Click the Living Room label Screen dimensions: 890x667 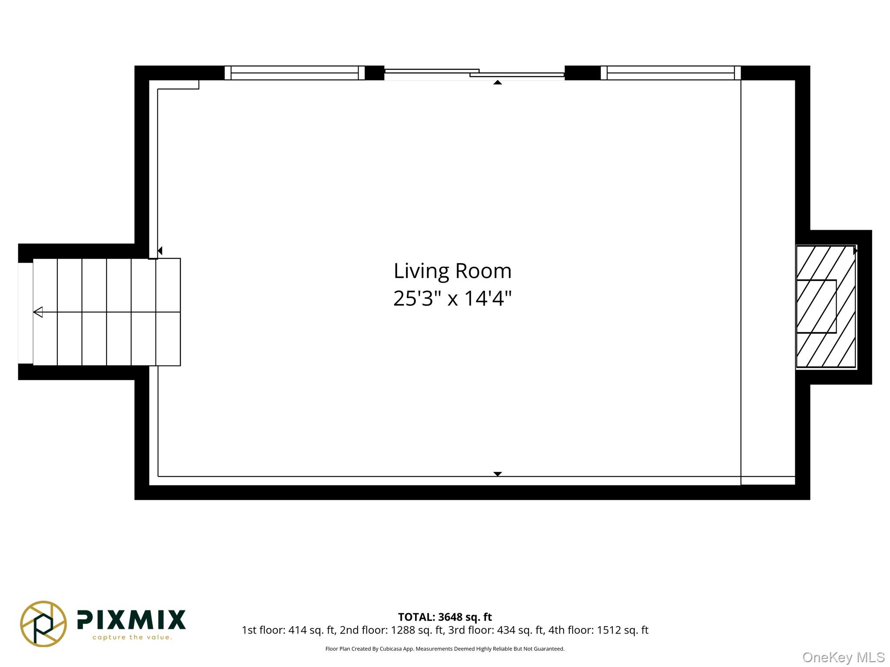coord(452,271)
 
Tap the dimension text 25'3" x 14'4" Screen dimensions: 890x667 coord(452,299)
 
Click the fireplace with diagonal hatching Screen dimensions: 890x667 coord(826,307)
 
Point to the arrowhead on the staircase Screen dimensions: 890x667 coord(38,312)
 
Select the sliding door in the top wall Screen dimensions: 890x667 coord(474,74)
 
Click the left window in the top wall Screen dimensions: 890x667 coord(295,73)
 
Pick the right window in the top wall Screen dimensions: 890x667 coord(671,73)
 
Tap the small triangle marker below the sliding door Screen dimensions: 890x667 coord(498,83)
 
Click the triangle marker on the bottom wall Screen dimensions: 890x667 coord(498,474)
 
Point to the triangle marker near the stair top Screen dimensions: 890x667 coord(160,251)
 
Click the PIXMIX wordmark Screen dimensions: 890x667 coord(131,620)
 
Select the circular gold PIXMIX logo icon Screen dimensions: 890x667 coord(43,624)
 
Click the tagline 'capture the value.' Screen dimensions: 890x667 coord(132,637)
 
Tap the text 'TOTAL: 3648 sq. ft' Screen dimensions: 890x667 coord(445,617)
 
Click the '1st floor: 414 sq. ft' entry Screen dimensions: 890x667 coord(288,630)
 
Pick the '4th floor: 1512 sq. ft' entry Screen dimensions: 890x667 coord(598,630)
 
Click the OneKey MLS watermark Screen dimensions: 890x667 coord(844,657)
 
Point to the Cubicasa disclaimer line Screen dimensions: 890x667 coord(445,649)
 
